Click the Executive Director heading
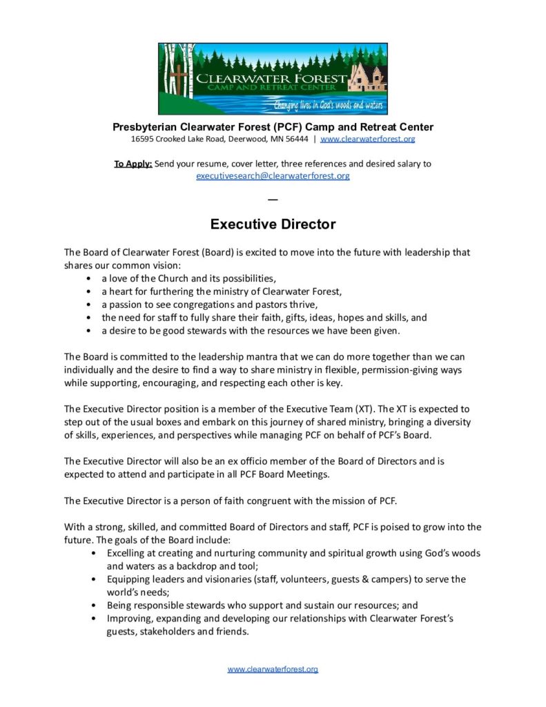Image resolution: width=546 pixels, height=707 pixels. (x=273, y=224)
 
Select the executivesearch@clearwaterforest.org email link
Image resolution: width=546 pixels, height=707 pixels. (x=273, y=176)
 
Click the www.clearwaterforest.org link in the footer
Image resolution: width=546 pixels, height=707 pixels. (x=273, y=669)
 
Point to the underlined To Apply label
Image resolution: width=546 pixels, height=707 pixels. (x=133, y=164)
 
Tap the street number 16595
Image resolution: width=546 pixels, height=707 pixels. (x=143, y=139)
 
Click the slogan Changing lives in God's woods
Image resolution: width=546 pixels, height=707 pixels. (x=329, y=106)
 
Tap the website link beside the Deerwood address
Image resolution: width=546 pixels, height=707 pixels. (x=368, y=139)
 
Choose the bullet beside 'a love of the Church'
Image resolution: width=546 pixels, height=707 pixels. (x=89, y=279)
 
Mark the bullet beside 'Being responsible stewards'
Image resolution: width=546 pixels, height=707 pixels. (x=94, y=605)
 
